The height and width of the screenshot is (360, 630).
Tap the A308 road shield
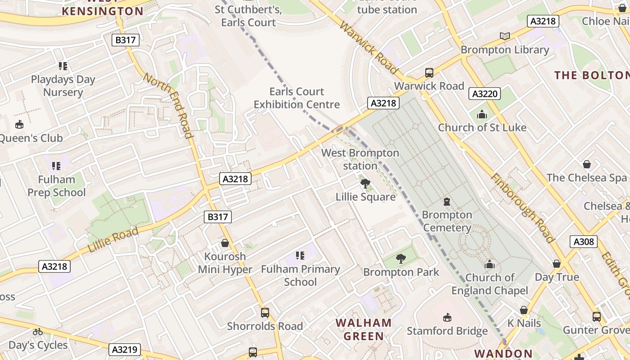coord(584,242)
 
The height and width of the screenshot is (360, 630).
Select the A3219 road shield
coord(125,350)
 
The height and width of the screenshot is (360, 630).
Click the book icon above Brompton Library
coord(505,36)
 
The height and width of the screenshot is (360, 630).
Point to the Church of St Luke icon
coord(482,114)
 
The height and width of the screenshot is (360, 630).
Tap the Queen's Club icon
coord(19,125)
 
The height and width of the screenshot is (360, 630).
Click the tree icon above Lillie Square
coord(365,183)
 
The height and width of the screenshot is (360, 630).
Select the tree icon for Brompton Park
coord(400,259)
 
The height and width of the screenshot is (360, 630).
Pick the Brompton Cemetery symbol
coord(447,201)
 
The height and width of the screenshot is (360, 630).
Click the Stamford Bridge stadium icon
coord(447,318)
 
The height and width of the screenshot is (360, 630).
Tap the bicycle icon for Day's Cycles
coord(38,332)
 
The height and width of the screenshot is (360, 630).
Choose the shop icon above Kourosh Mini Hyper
coord(225,243)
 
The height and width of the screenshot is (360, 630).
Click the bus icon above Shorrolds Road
coord(265,312)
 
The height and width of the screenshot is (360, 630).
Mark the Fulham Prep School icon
coord(56,166)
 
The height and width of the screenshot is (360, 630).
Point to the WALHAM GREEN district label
coord(364,329)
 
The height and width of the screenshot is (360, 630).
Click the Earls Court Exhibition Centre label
coord(297,98)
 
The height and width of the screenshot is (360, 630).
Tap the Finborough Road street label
coord(522,208)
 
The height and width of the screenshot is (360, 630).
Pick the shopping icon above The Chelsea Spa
coord(586,164)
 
